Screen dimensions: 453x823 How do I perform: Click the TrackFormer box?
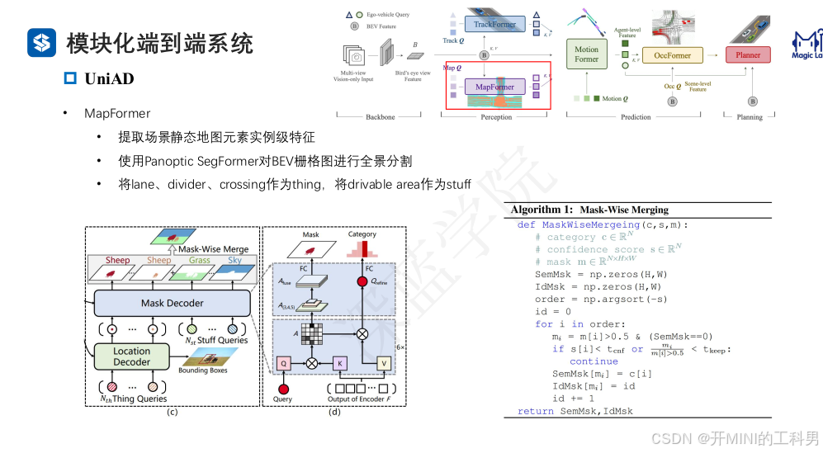click(x=494, y=25)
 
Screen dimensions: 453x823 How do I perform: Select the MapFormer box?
click(x=494, y=87)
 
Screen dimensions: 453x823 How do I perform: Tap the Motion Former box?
click(x=586, y=54)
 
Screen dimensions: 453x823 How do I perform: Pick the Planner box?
click(x=748, y=55)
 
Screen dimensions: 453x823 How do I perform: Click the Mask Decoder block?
click(x=172, y=303)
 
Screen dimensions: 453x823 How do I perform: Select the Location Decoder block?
click(x=131, y=356)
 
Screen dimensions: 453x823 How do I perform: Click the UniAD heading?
click(x=109, y=79)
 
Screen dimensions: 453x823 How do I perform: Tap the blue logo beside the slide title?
click(x=41, y=42)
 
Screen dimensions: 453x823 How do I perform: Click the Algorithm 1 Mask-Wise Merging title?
click(x=589, y=210)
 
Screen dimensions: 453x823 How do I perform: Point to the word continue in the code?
click(x=594, y=361)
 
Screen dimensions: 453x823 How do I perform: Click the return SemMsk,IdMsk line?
click(x=575, y=410)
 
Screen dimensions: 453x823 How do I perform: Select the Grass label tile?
click(x=199, y=261)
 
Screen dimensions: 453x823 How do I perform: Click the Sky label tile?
click(x=235, y=261)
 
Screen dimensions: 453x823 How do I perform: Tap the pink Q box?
click(x=283, y=362)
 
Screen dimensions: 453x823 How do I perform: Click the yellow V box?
click(x=382, y=362)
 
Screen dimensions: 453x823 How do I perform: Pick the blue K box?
click(x=339, y=362)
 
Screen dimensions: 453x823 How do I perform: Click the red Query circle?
click(x=283, y=388)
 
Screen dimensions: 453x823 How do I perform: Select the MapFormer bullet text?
click(x=117, y=112)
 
